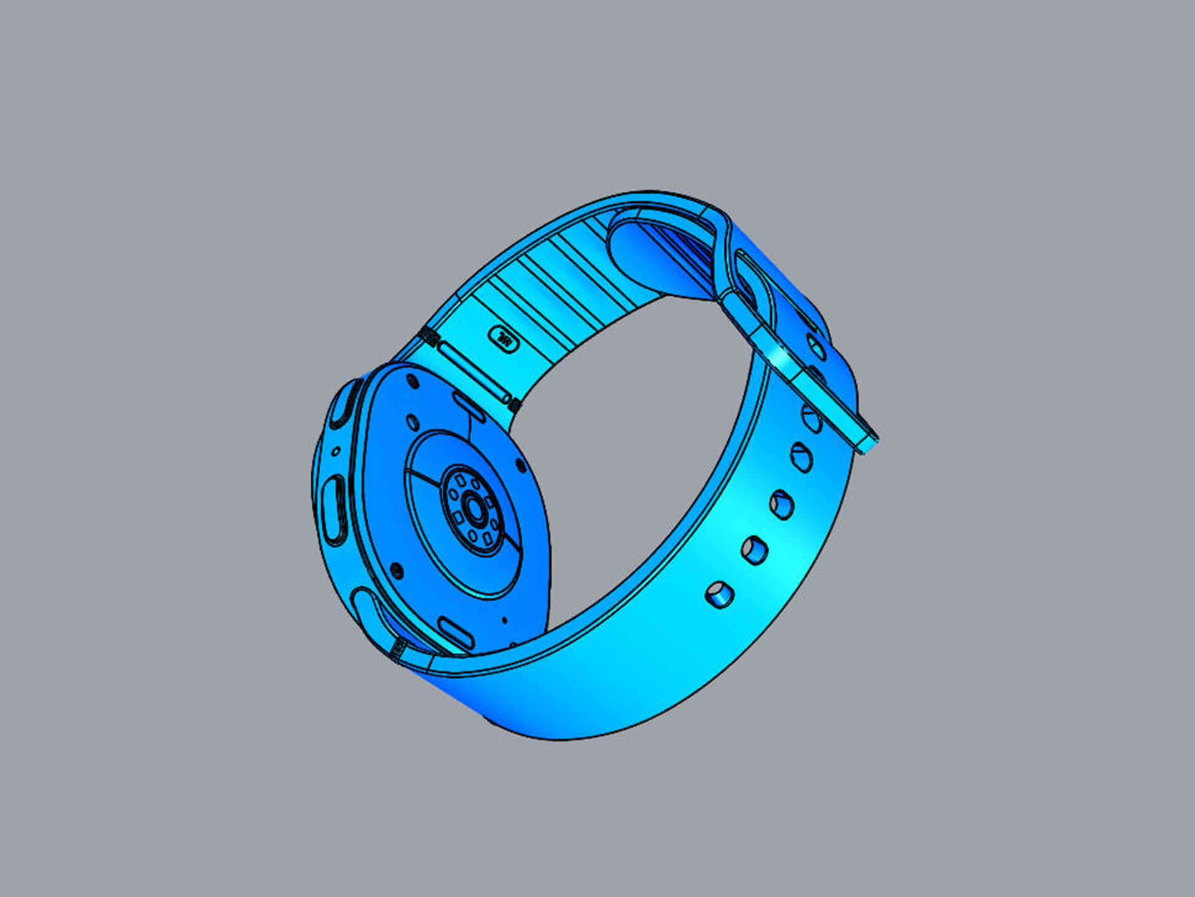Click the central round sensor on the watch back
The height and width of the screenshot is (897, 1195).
[475, 510]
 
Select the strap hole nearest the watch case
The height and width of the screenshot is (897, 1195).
[719, 595]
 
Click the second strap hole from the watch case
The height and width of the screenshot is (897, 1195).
[754, 550]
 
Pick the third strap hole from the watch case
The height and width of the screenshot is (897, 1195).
[782, 504]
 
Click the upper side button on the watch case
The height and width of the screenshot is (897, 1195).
[344, 405]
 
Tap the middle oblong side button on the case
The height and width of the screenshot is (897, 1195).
[334, 508]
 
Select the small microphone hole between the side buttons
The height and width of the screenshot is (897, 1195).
[336, 450]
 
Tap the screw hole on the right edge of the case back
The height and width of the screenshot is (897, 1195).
[521, 465]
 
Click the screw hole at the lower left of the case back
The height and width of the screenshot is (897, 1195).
[396, 570]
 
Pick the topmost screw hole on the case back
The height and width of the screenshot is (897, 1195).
[411, 381]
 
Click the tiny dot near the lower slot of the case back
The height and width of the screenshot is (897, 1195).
[504, 620]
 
